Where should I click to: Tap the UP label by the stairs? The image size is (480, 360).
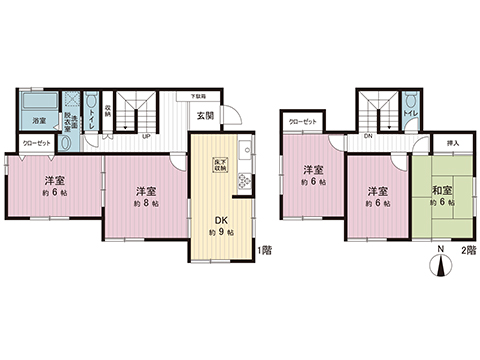146,135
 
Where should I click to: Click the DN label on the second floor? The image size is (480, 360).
368,135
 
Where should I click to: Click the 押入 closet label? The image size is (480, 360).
452,144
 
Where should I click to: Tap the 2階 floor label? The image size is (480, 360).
468,250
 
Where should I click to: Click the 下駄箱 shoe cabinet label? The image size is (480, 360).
200,96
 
